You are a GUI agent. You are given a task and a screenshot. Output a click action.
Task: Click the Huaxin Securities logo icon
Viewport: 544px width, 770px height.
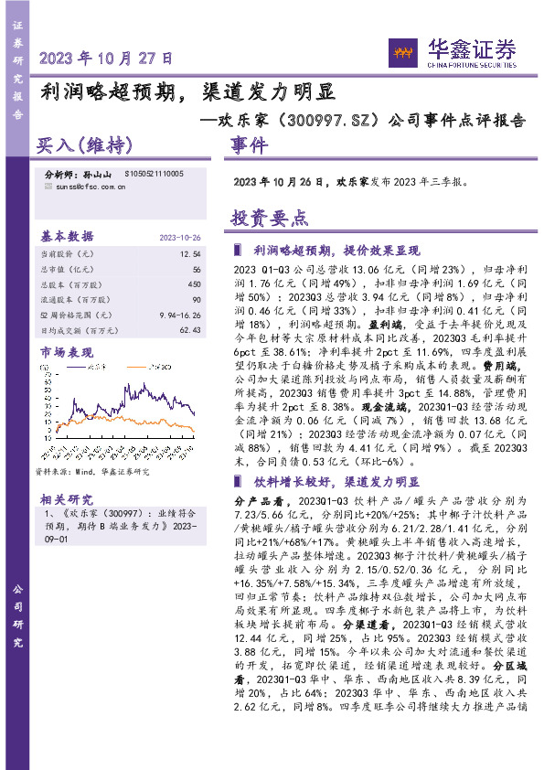(x=399, y=48)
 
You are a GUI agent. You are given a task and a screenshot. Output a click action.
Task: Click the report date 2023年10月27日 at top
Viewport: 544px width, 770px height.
(x=106, y=57)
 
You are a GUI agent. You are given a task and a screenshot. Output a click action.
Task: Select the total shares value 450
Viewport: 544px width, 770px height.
(x=194, y=283)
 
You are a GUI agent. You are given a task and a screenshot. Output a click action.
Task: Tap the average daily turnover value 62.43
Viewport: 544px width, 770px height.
(x=189, y=329)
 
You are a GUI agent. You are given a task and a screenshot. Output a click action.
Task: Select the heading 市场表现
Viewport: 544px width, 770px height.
(x=67, y=352)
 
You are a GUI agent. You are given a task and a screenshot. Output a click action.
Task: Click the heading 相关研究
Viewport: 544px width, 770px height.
(x=66, y=498)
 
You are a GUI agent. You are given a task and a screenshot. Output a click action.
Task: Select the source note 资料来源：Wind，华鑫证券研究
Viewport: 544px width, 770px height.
(x=91, y=471)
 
